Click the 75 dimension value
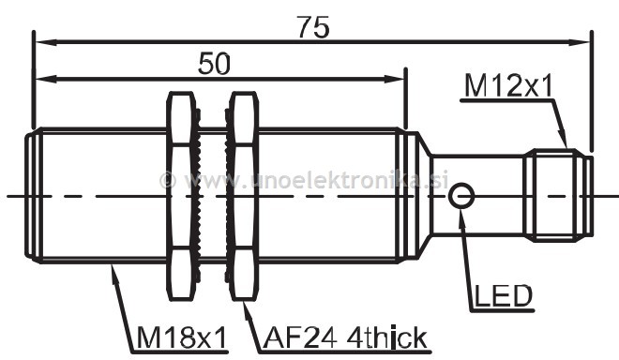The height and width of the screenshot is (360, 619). (312, 27)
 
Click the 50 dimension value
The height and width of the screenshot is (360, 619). (214, 64)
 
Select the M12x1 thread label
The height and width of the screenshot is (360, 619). (508, 86)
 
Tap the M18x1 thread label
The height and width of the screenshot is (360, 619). (182, 337)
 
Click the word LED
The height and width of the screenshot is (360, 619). (504, 296)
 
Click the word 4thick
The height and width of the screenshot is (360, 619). (386, 337)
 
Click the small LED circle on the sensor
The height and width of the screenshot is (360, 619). (461, 195)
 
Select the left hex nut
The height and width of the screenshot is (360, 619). (182, 196)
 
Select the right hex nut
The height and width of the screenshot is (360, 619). (243, 196)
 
